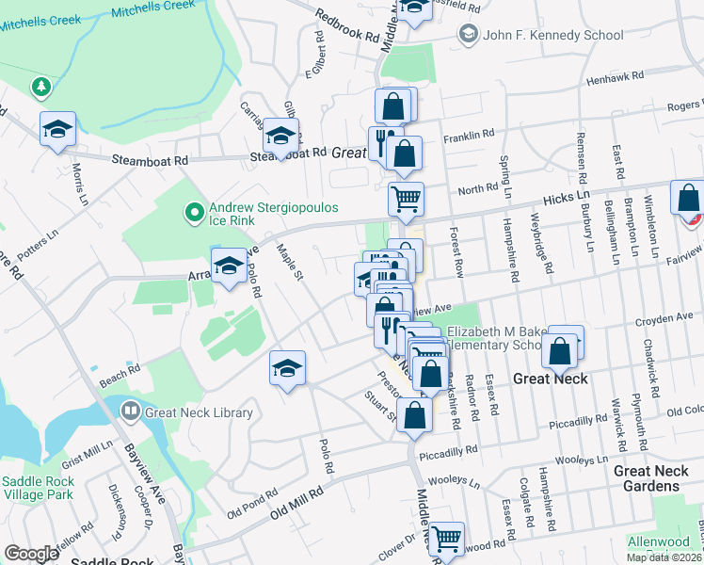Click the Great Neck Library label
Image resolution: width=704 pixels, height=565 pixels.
click(x=200, y=412)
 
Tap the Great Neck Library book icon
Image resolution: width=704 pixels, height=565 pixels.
click(x=131, y=412)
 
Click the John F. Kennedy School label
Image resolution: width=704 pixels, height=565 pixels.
click(x=553, y=35)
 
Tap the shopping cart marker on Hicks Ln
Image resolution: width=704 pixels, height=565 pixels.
click(x=406, y=199)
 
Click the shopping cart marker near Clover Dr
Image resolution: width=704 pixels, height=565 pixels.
click(x=446, y=540)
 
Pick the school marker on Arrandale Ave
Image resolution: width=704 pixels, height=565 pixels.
click(x=229, y=266)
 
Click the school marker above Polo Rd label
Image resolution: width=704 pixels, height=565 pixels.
click(x=288, y=367)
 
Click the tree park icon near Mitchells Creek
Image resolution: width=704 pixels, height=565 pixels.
click(x=40, y=88)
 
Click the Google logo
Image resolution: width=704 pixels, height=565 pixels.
click(x=31, y=554)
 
